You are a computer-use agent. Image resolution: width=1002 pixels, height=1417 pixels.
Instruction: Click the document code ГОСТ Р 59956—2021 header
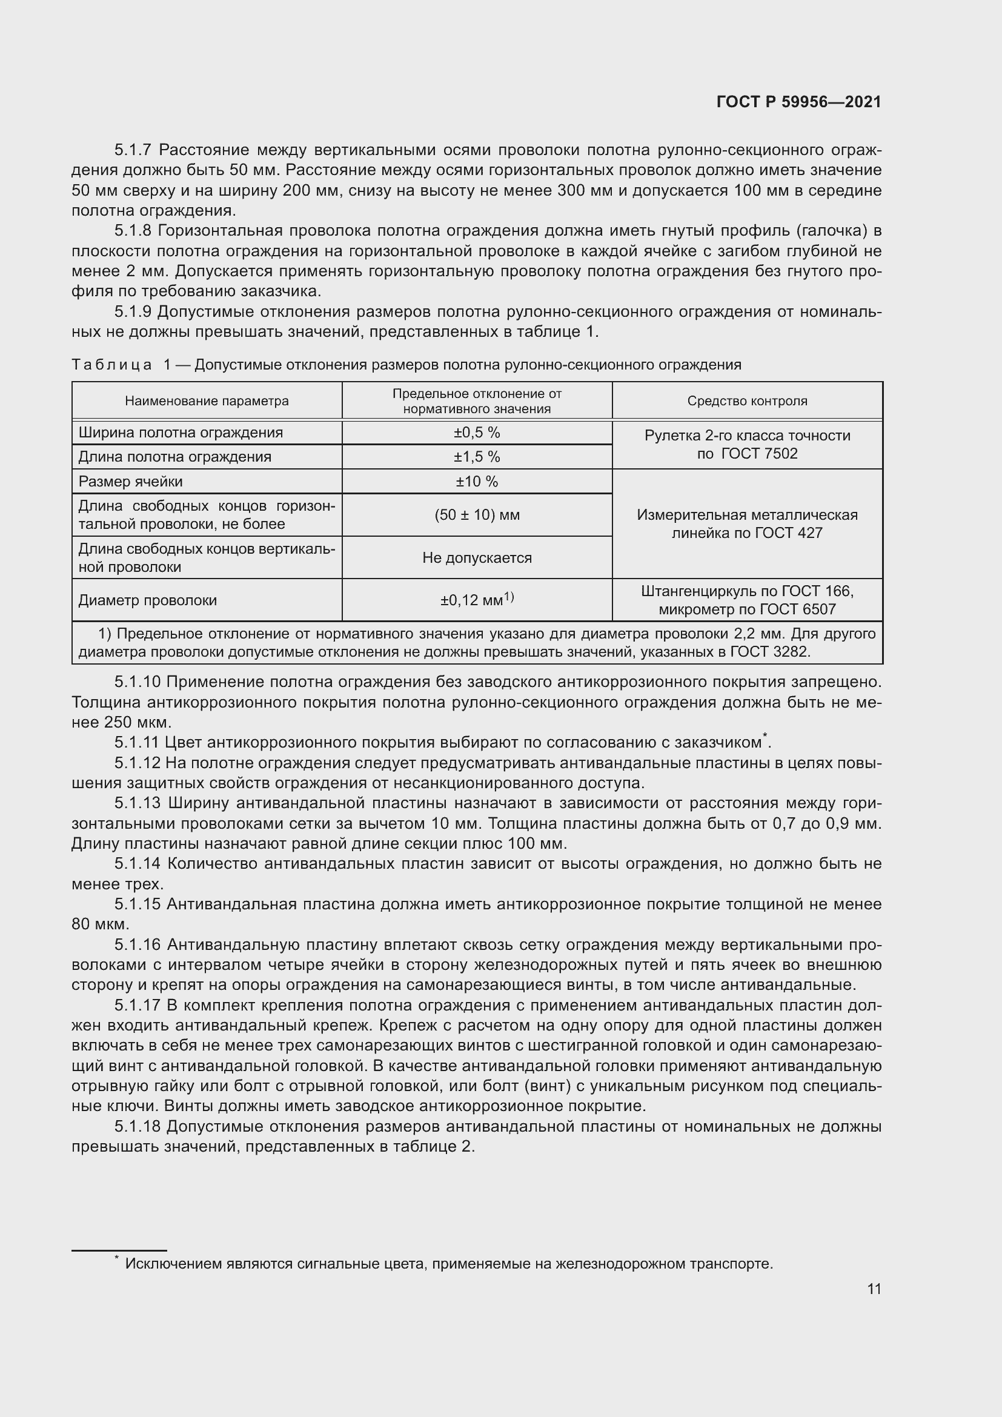coord(798,102)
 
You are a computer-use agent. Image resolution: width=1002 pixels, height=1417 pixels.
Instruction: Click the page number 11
coord(874,1289)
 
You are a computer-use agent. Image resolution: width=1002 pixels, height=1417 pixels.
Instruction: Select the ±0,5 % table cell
coord(477,433)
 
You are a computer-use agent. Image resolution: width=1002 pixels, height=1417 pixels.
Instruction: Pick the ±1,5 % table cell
coord(477,457)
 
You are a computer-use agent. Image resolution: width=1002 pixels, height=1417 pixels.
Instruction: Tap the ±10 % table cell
coord(477,482)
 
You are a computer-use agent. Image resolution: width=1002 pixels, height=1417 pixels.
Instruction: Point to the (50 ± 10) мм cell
coord(477,515)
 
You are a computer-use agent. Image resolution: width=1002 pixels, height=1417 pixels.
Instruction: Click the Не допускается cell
coord(477,558)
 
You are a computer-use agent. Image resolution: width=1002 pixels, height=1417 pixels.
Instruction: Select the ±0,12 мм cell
coord(477,600)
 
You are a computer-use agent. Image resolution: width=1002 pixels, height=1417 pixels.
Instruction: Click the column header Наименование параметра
coord(207,401)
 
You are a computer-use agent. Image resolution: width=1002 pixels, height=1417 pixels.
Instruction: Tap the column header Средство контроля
coord(747,401)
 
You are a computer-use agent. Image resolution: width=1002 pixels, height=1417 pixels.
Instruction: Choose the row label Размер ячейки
coord(130,482)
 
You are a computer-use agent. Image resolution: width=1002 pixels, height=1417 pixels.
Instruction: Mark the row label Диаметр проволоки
coord(147,600)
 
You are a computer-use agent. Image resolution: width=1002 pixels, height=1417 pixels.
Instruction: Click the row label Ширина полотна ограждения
coord(180,433)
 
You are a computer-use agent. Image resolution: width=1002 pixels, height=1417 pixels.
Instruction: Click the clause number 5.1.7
coord(133,150)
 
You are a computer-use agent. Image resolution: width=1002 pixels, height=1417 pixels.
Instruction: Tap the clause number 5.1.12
coord(136,763)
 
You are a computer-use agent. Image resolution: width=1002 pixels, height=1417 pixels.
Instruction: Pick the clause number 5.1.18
coord(136,1126)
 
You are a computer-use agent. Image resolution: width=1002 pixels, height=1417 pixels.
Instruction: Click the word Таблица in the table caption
coord(111,365)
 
